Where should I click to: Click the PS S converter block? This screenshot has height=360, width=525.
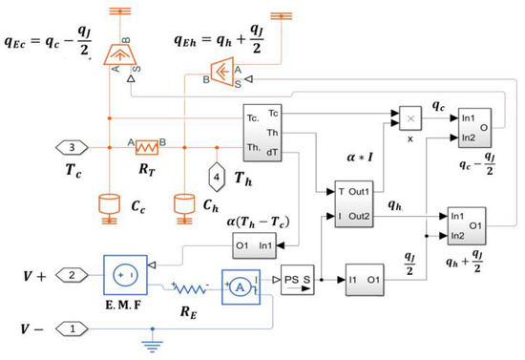[299, 284]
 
